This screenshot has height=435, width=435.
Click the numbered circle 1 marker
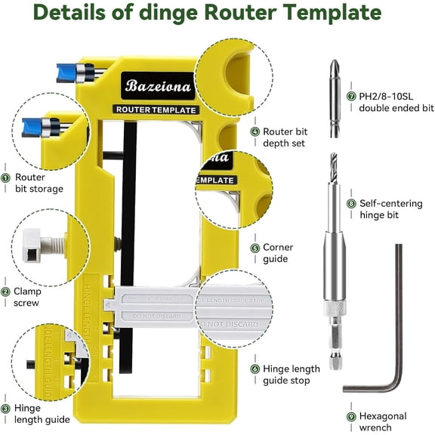point(6,177)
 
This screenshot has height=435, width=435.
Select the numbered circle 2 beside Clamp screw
point(6,292)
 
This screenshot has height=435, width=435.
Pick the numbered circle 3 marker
point(6,409)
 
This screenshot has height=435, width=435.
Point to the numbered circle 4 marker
point(255,131)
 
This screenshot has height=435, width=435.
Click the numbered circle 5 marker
point(255,248)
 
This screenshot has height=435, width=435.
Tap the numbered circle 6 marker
point(255,369)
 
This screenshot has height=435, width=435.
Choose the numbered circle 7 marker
point(351,97)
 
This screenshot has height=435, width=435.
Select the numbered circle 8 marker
point(351,203)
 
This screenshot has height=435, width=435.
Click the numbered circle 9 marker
point(351,416)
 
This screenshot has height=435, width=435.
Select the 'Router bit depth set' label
point(284,137)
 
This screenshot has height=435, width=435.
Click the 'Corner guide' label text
point(278,253)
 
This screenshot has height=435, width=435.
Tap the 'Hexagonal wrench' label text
point(383,422)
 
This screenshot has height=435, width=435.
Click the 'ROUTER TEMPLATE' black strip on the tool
point(156,110)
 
